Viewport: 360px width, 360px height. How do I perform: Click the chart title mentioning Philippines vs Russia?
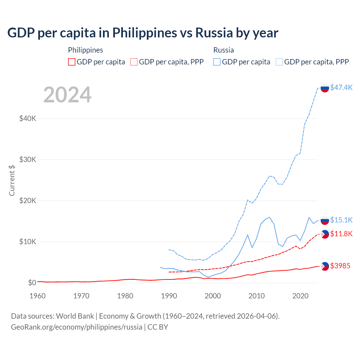[143, 33]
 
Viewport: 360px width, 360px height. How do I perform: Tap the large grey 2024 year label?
[67, 95]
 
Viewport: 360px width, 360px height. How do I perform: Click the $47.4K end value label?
[341, 87]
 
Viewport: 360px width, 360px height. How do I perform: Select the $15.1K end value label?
[341, 220]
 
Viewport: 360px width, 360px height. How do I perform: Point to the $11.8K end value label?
[341, 234]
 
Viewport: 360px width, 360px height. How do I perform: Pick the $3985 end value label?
[340, 266]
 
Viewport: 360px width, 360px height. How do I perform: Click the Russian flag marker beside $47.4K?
[325, 88]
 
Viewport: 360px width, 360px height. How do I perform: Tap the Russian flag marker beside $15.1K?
[325, 220]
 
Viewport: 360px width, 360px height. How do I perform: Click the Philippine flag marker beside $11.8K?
[325, 234]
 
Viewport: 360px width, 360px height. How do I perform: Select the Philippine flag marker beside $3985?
[325, 266]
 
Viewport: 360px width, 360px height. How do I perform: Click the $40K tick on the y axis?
[28, 118]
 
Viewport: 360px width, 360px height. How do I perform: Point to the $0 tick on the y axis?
[32, 283]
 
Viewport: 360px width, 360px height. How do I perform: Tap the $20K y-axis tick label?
[28, 201]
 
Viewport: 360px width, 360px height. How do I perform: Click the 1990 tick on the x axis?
[169, 296]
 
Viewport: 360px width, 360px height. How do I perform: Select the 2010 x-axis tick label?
[256, 296]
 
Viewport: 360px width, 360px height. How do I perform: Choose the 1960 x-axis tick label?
[38, 296]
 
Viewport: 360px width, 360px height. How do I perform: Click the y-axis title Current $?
[12, 180]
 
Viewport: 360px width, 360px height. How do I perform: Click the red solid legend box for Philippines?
[72, 62]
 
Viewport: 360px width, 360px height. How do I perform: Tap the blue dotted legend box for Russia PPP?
[279, 62]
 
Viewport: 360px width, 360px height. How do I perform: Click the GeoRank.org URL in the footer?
[76, 327]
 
